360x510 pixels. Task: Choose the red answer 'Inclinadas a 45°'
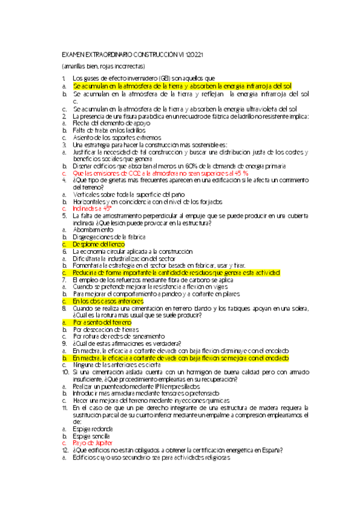point(93,208)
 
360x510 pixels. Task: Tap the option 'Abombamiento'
point(93,230)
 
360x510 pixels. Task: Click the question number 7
point(64,280)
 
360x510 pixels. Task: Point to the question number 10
point(66,373)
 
